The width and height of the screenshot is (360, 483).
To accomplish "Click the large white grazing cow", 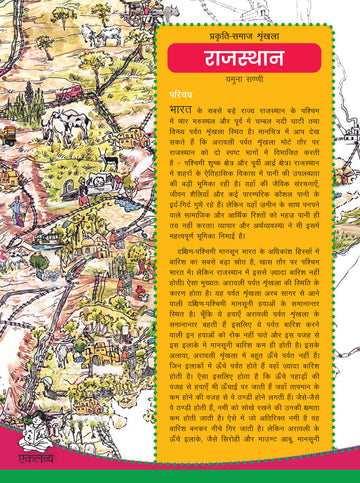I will [64, 125].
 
